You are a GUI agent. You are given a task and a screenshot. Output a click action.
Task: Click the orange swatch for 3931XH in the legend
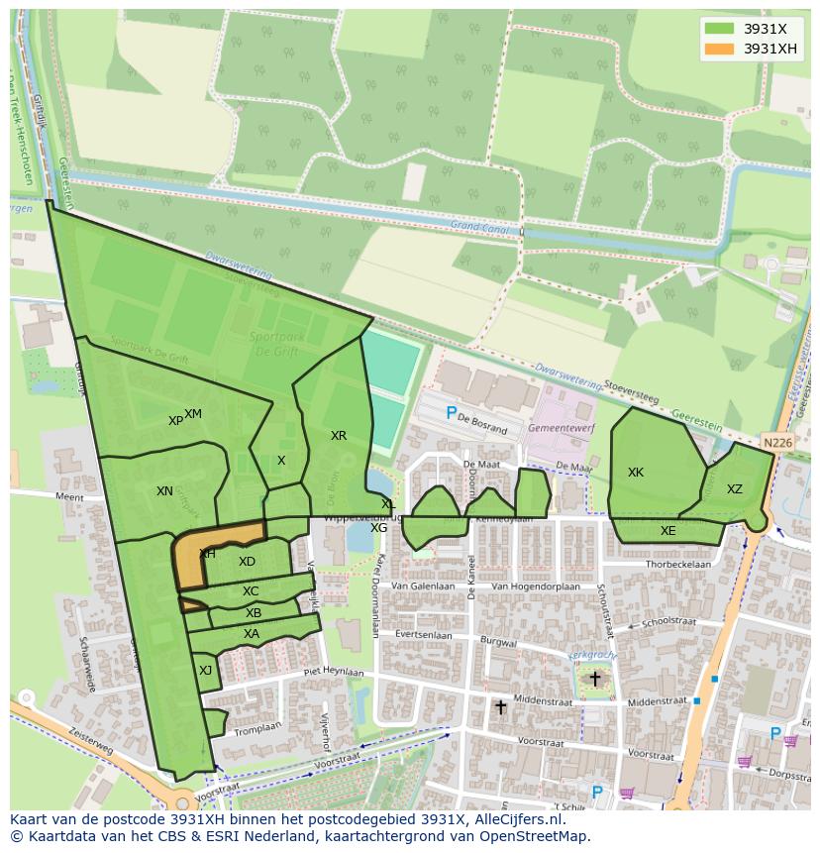click(719, 49)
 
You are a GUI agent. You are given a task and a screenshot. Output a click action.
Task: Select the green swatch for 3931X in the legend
click(719, 29)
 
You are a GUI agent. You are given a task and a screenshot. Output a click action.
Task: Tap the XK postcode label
click(636, 473)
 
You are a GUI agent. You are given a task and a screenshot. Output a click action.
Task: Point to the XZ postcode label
click(734, 489)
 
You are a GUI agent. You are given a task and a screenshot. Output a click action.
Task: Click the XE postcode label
click(668, 531)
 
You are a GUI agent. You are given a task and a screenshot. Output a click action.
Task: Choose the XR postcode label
click(339, 436)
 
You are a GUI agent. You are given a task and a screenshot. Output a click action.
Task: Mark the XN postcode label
click(164, 491)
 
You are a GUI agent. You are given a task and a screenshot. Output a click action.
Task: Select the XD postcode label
click(247, 562)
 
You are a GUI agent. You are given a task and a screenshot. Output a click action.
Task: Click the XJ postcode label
click(205, 671)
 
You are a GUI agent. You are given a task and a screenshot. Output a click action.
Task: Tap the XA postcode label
click(252, 634)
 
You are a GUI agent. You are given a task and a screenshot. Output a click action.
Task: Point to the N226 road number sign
click(777, 443)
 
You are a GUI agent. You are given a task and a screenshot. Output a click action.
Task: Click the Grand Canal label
click(478, 227)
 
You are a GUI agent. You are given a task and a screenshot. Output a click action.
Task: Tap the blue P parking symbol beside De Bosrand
click(452, 413)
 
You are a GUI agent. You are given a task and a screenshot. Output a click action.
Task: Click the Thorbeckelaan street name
click(678, 564)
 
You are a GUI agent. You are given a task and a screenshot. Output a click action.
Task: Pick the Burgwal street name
click(498, 642)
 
